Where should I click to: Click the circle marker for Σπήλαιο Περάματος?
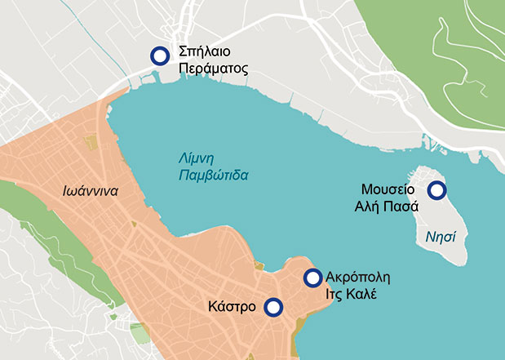(x=160, y=55)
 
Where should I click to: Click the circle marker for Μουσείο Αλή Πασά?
(x=437, y=190)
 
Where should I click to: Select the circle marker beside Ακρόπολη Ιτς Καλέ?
(x=312, y=278)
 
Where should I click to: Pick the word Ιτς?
(x=336, y=293)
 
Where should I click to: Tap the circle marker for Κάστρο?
(x=274, y=307)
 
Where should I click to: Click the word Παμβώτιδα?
(x=212, y=175)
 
